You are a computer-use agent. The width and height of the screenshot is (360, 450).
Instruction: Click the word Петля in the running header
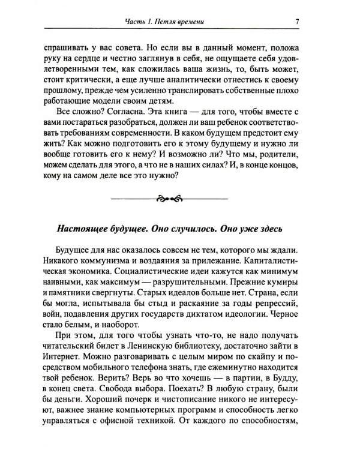point(176,23)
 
